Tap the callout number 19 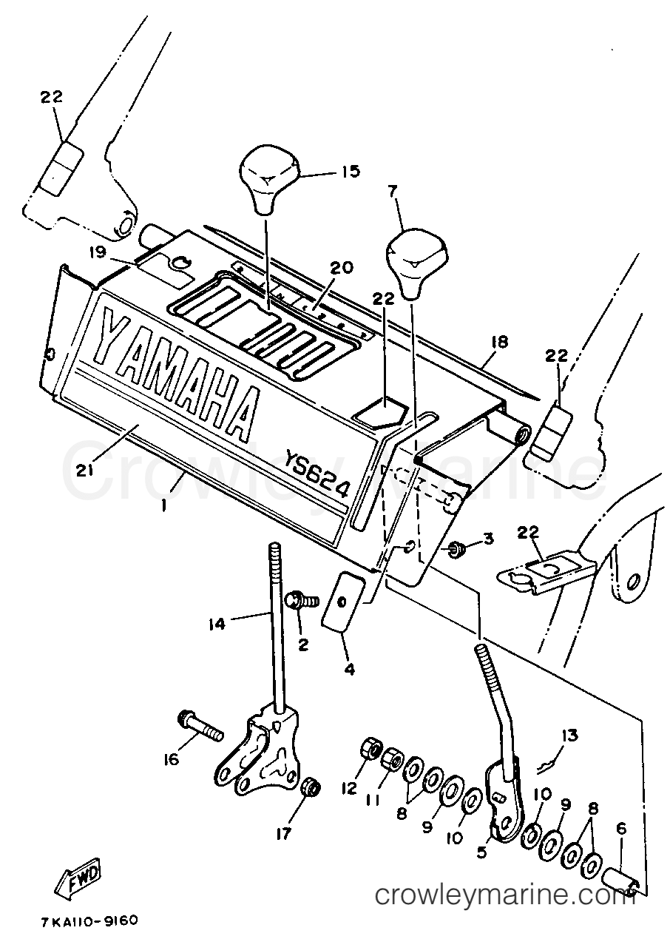coord(98,253)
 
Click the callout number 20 coord(342,267)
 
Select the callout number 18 coord(498,342)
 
